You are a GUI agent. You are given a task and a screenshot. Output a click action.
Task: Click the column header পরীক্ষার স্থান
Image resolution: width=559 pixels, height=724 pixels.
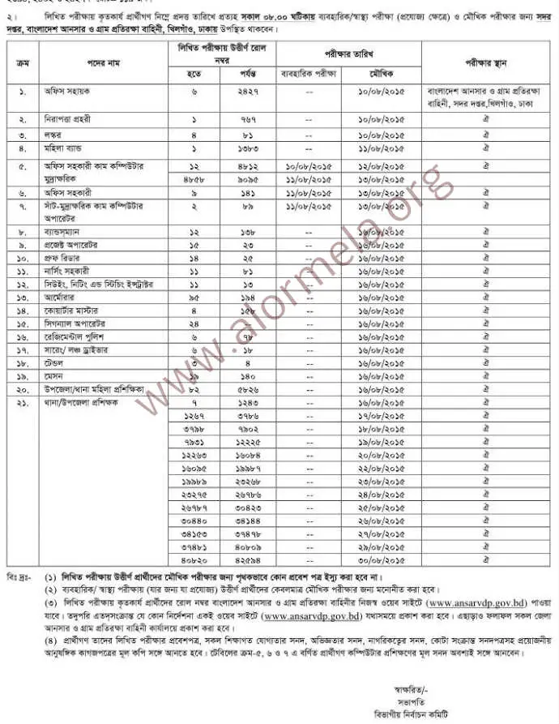pyautogui.click(x=485, y=60)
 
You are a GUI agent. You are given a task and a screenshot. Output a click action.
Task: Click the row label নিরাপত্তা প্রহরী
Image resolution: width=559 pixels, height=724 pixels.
pyautogui.click(x=71, y=118)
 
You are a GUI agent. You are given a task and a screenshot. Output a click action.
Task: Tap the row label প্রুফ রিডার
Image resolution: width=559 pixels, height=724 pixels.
pyautogui.click(x=66, y=257)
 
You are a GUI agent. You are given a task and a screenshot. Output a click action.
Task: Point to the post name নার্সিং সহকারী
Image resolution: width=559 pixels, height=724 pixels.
pyautogui.click(x=68, y=270)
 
